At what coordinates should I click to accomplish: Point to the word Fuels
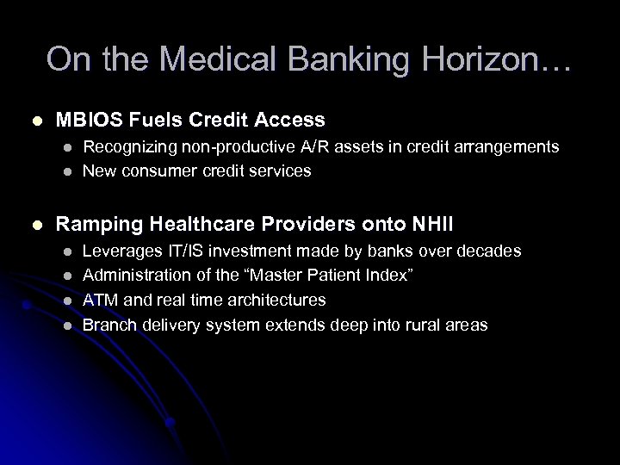(x=147, y=119)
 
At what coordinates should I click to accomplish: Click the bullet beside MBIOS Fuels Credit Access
(x=34, y=120)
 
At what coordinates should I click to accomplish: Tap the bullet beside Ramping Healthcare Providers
(x=34, y=225)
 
